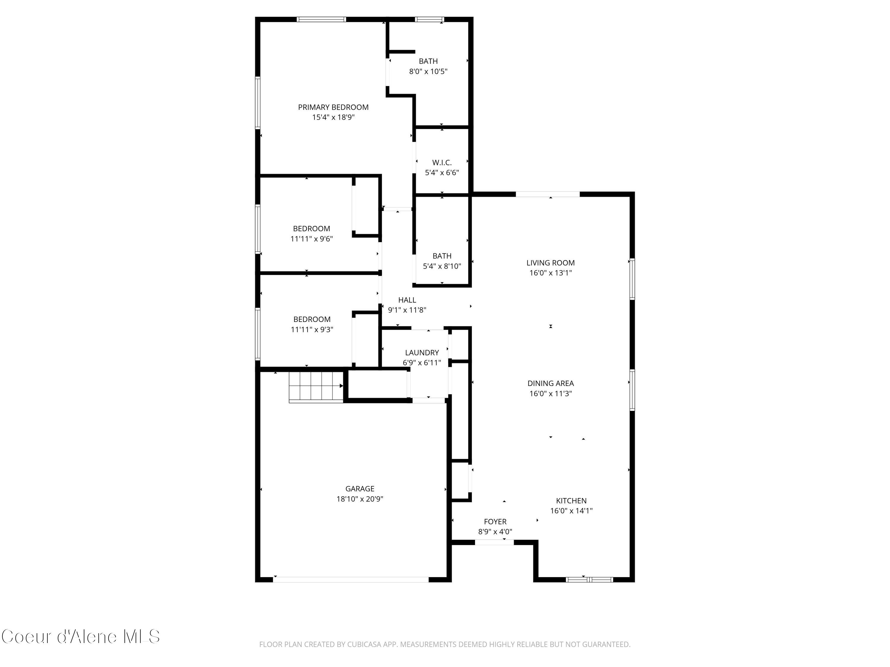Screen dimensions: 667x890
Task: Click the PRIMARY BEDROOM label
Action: click(x=333, y=107)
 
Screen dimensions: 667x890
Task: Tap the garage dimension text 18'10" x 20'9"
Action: click(x=359, y=499)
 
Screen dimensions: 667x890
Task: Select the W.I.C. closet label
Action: click(x=442, y=162)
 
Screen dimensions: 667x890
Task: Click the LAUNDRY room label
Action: click(x=422, y=352)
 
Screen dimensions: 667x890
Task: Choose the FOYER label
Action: click(x=495, y=521)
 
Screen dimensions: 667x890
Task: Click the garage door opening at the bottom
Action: click(x=351, y=579)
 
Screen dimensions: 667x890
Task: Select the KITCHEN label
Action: click(x=571, y=501)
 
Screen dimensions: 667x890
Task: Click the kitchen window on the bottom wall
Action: click(x=589, y=579)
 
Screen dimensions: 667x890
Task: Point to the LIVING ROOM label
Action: click(x=550, y=263)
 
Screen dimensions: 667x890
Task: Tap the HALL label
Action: click(x=407, y=300)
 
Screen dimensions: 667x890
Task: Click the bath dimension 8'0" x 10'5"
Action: click(x=428, y=71)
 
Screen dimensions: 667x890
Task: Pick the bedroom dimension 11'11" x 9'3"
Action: click(x=312, y=330)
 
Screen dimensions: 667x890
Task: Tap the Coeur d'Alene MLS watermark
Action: click(x=80, y=636)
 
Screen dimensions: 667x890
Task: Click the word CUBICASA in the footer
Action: click(x=364, y=644)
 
